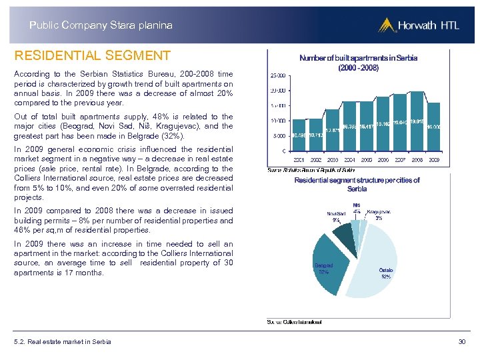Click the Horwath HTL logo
click(x=416, y=25)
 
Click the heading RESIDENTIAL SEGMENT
click(x=93, y=56)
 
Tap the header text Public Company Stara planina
click(x=101, y=25)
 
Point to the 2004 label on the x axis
click(x=349, y=161)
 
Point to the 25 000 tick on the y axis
click(x=277, y=75)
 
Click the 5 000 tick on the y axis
click(x=279, y=136)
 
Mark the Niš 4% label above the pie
click(x=357, y=209)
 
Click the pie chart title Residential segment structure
click(x=357, y=185)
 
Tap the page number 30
click(x=461, y=342)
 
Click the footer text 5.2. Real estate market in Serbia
click(x=62, y=342)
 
